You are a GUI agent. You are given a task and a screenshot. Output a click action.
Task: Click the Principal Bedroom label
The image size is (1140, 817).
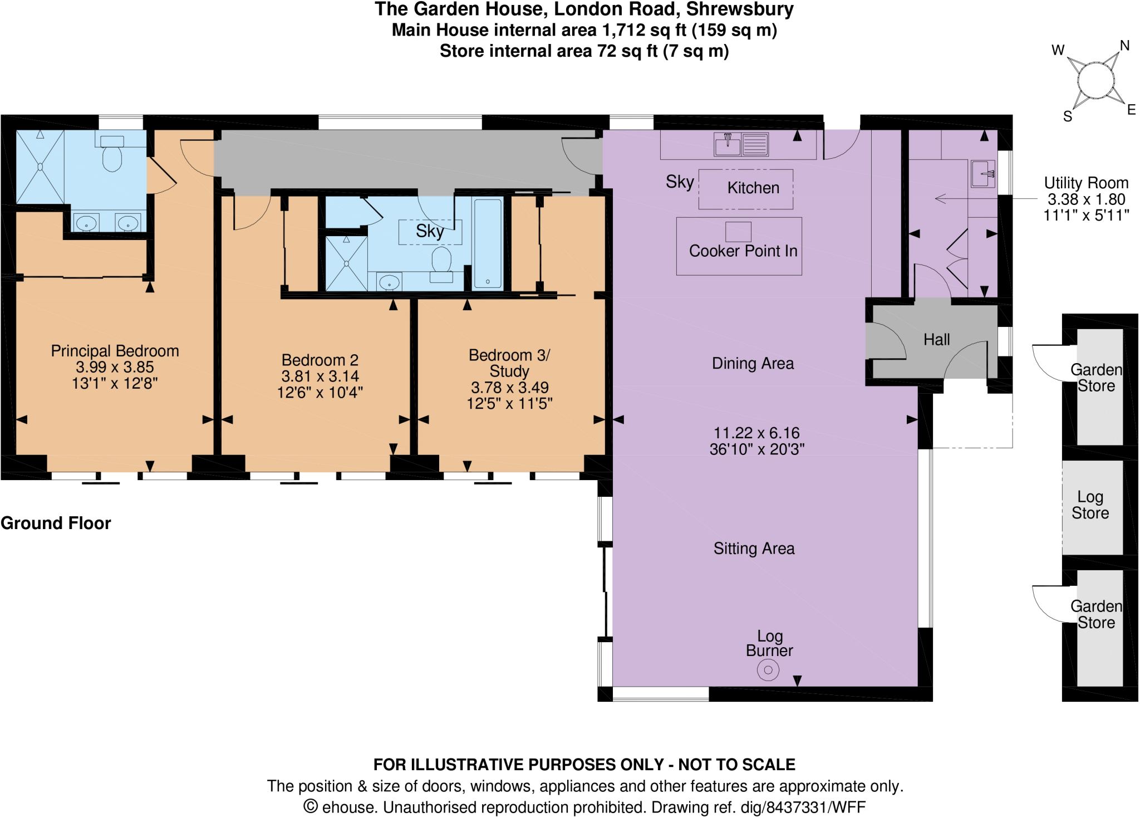(x=115, y=351)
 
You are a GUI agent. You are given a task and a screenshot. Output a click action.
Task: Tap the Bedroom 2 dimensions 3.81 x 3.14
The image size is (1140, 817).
(x=320, y=376)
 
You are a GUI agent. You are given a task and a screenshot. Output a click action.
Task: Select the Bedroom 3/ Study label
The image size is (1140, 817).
(x=509, y=363)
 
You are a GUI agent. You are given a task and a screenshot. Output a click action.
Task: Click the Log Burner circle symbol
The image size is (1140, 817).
(x=768, y=670)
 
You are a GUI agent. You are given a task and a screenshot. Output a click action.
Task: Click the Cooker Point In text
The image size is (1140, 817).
(x=743, y=251)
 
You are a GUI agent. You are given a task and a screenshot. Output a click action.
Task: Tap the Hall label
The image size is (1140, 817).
(x=936, y=340)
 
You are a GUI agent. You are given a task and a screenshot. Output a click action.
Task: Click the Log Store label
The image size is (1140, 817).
(x=1090, y=505)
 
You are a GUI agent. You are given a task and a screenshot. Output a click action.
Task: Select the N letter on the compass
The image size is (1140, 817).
(x=1124, y=46)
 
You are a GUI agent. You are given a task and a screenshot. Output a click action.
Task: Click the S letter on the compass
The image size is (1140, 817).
(x=1067, y=116)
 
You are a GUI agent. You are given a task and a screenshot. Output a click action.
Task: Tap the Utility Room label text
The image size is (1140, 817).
(x=1085, y=183)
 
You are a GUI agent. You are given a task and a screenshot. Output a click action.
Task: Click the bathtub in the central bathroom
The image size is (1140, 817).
(x=488, y=244)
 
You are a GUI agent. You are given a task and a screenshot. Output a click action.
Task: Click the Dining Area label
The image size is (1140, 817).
(x=753, y=364)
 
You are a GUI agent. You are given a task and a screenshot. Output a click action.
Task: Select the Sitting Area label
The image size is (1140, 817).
(x=754, y=549)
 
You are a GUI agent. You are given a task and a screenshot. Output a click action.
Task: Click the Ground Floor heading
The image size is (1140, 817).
(x=56, y=524)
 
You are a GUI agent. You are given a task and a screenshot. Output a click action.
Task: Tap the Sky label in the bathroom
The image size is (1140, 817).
(x=429, y=231)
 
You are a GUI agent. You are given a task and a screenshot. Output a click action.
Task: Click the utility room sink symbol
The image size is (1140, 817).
(x=982, y=174)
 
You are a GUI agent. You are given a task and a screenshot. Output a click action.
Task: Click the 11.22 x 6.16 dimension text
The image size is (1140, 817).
(x=756, y=433)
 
